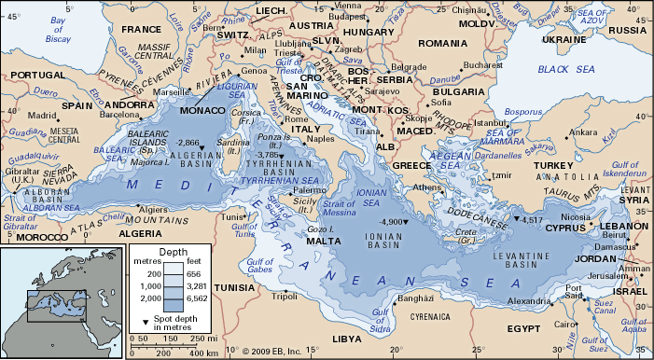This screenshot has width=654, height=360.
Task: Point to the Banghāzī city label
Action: [416, 299]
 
